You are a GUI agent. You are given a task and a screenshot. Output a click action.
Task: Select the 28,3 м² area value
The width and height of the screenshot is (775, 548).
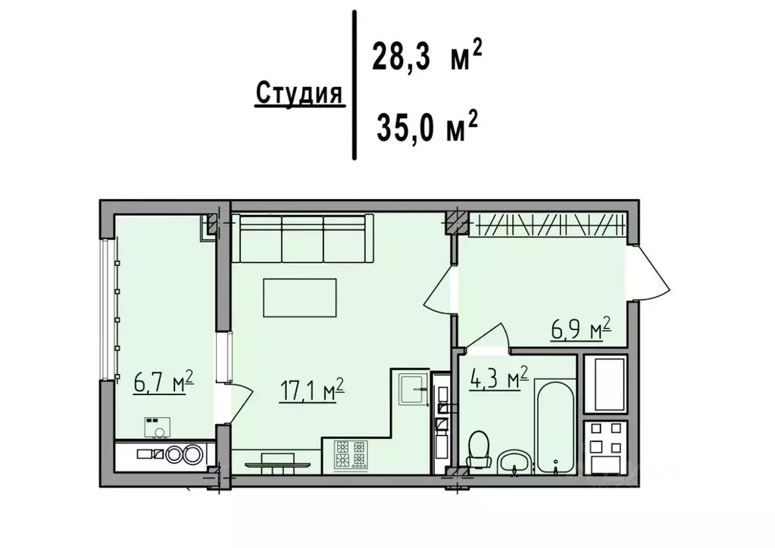[x=427, y=58]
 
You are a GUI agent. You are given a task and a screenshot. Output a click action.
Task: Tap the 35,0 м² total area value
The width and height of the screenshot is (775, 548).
[x=427, y=126]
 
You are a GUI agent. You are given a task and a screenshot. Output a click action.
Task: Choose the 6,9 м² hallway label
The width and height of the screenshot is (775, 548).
[x=580, y=330]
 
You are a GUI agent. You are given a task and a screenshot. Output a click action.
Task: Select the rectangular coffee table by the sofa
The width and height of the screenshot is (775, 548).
[x=300, y=297]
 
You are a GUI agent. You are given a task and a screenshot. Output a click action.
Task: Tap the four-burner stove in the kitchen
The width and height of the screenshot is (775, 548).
[x=352, y=455]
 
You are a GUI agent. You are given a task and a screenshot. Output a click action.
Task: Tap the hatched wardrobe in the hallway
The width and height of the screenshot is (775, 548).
[x=548, y=223]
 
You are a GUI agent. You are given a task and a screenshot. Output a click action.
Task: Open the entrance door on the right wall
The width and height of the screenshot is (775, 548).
[x=650, y=274]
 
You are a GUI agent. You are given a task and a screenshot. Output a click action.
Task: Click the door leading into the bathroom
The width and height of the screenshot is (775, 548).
[x=488, y=337]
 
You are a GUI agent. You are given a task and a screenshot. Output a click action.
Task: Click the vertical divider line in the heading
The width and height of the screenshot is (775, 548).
[x=354, y=85]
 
